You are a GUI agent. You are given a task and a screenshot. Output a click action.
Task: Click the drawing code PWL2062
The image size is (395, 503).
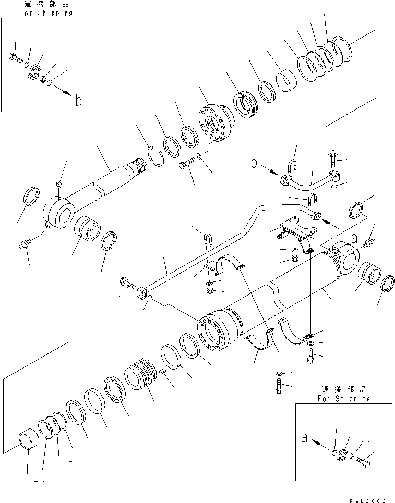(x=368, y=497)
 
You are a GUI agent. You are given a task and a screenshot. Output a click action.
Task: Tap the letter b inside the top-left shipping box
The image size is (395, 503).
(x=78, y=101)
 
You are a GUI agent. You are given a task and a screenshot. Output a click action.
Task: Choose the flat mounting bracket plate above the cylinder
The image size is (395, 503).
(x=297, y=228)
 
